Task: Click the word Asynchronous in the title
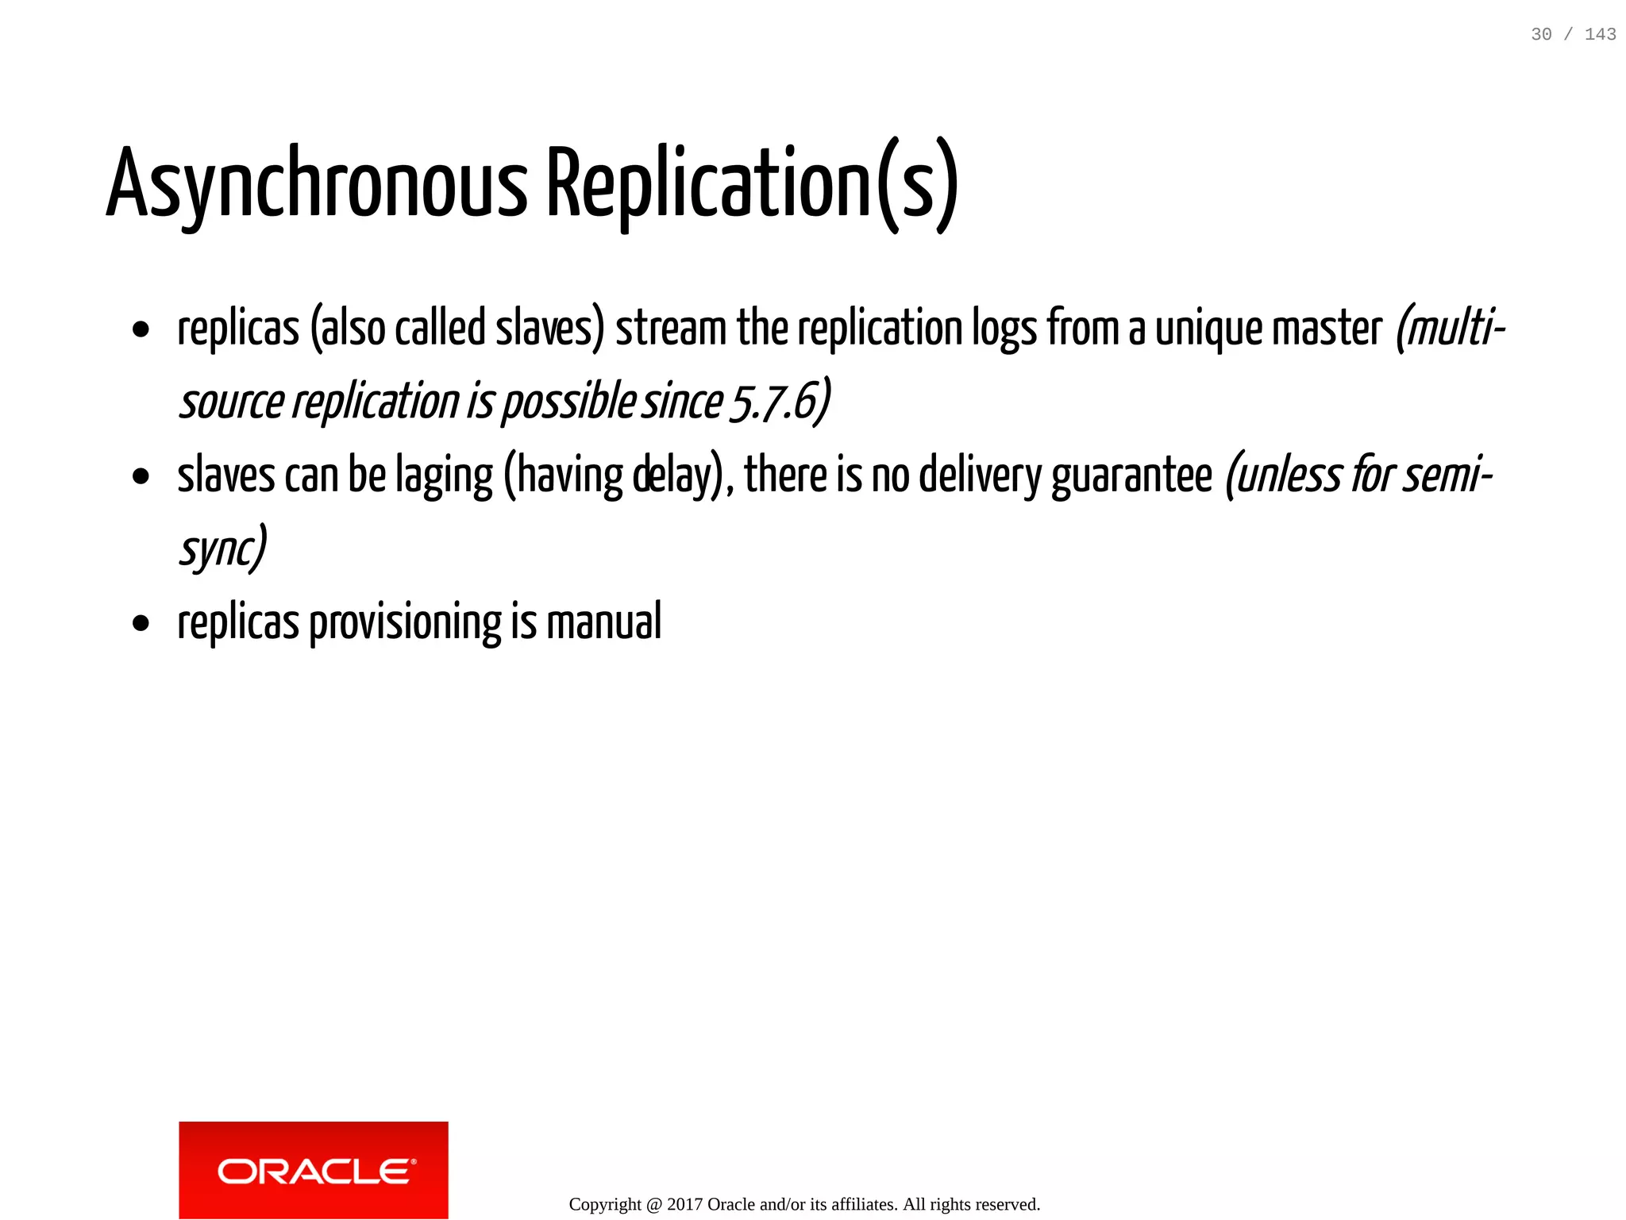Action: (x=316, y=184)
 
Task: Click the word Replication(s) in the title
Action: (x=752, y=184)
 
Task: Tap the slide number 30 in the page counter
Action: (x=1541, y=34)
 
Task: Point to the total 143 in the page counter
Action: (x=1600, y=34)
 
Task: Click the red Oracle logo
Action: (x=314, y=1170)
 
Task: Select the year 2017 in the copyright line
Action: (x=684, y=1204)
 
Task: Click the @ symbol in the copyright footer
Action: (x=653, y=1204)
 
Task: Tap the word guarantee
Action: (x=1132, y=475)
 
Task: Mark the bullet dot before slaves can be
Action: (x=141, y=477)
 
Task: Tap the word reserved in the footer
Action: (x=1009, y=1204)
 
